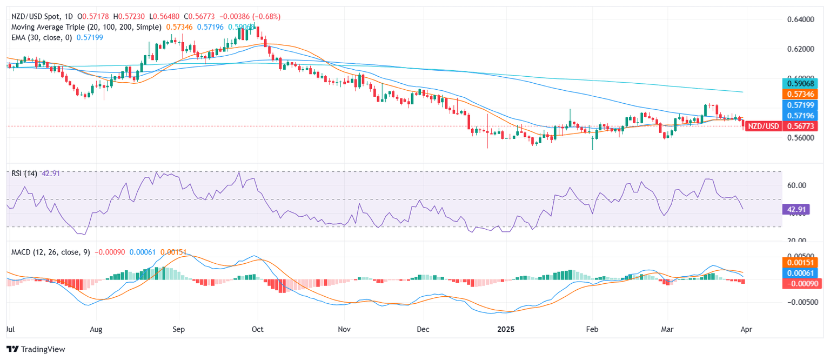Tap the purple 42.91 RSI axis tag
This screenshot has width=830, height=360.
(795, 209)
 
